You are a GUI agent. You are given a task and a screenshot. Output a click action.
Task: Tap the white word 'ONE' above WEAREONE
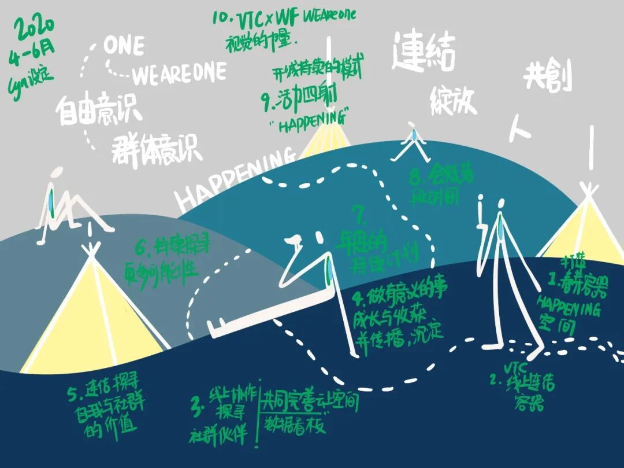tap(124, 46)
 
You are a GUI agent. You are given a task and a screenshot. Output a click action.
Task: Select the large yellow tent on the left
tap(92, 315)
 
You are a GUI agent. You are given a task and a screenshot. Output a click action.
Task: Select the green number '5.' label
tap(73, 396)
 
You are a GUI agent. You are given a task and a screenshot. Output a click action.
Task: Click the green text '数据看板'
tap(295, 425)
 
